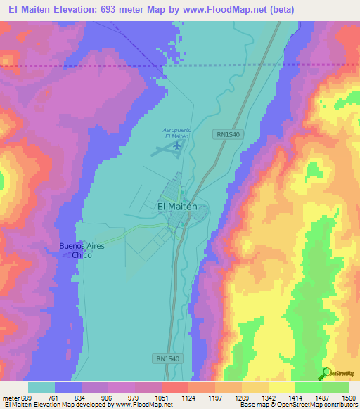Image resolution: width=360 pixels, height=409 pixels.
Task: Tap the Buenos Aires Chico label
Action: (81, 250)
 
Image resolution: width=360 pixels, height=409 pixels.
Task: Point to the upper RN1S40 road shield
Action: (228, 133)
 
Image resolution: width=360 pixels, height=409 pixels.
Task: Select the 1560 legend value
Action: (347, 397)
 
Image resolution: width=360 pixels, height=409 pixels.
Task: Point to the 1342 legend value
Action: (268, 397)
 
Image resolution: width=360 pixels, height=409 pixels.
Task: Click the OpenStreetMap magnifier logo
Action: (326, 373)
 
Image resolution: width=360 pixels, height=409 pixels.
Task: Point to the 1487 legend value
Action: (321, 397)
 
